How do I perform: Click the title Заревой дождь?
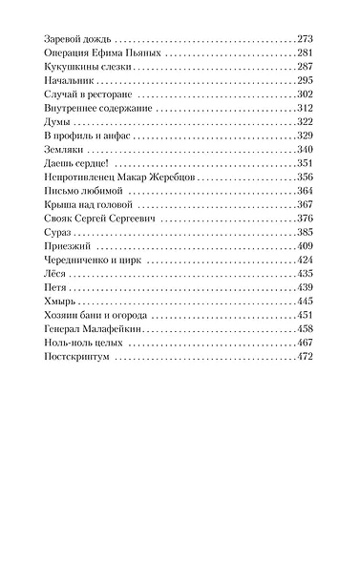(75, 38)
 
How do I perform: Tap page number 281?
(306, 53)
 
